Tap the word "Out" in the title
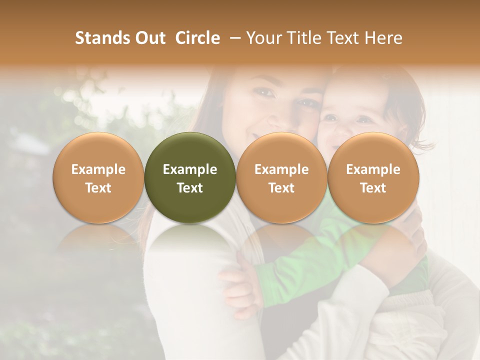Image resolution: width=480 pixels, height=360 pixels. [148, 38]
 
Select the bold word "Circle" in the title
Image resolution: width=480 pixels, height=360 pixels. [197, 38]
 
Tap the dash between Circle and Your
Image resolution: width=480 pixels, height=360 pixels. [233, 38]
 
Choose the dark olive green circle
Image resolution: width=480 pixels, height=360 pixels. [190, 177]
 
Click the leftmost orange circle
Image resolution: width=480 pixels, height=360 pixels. [98, 177]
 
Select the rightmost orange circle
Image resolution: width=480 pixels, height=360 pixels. [373, 177]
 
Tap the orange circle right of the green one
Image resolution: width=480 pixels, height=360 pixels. [281, 177]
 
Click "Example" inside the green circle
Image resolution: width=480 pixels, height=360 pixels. [190, 169]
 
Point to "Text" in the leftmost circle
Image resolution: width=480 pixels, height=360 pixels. [98, 188]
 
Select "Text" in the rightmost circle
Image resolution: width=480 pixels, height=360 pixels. [373, 188]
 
